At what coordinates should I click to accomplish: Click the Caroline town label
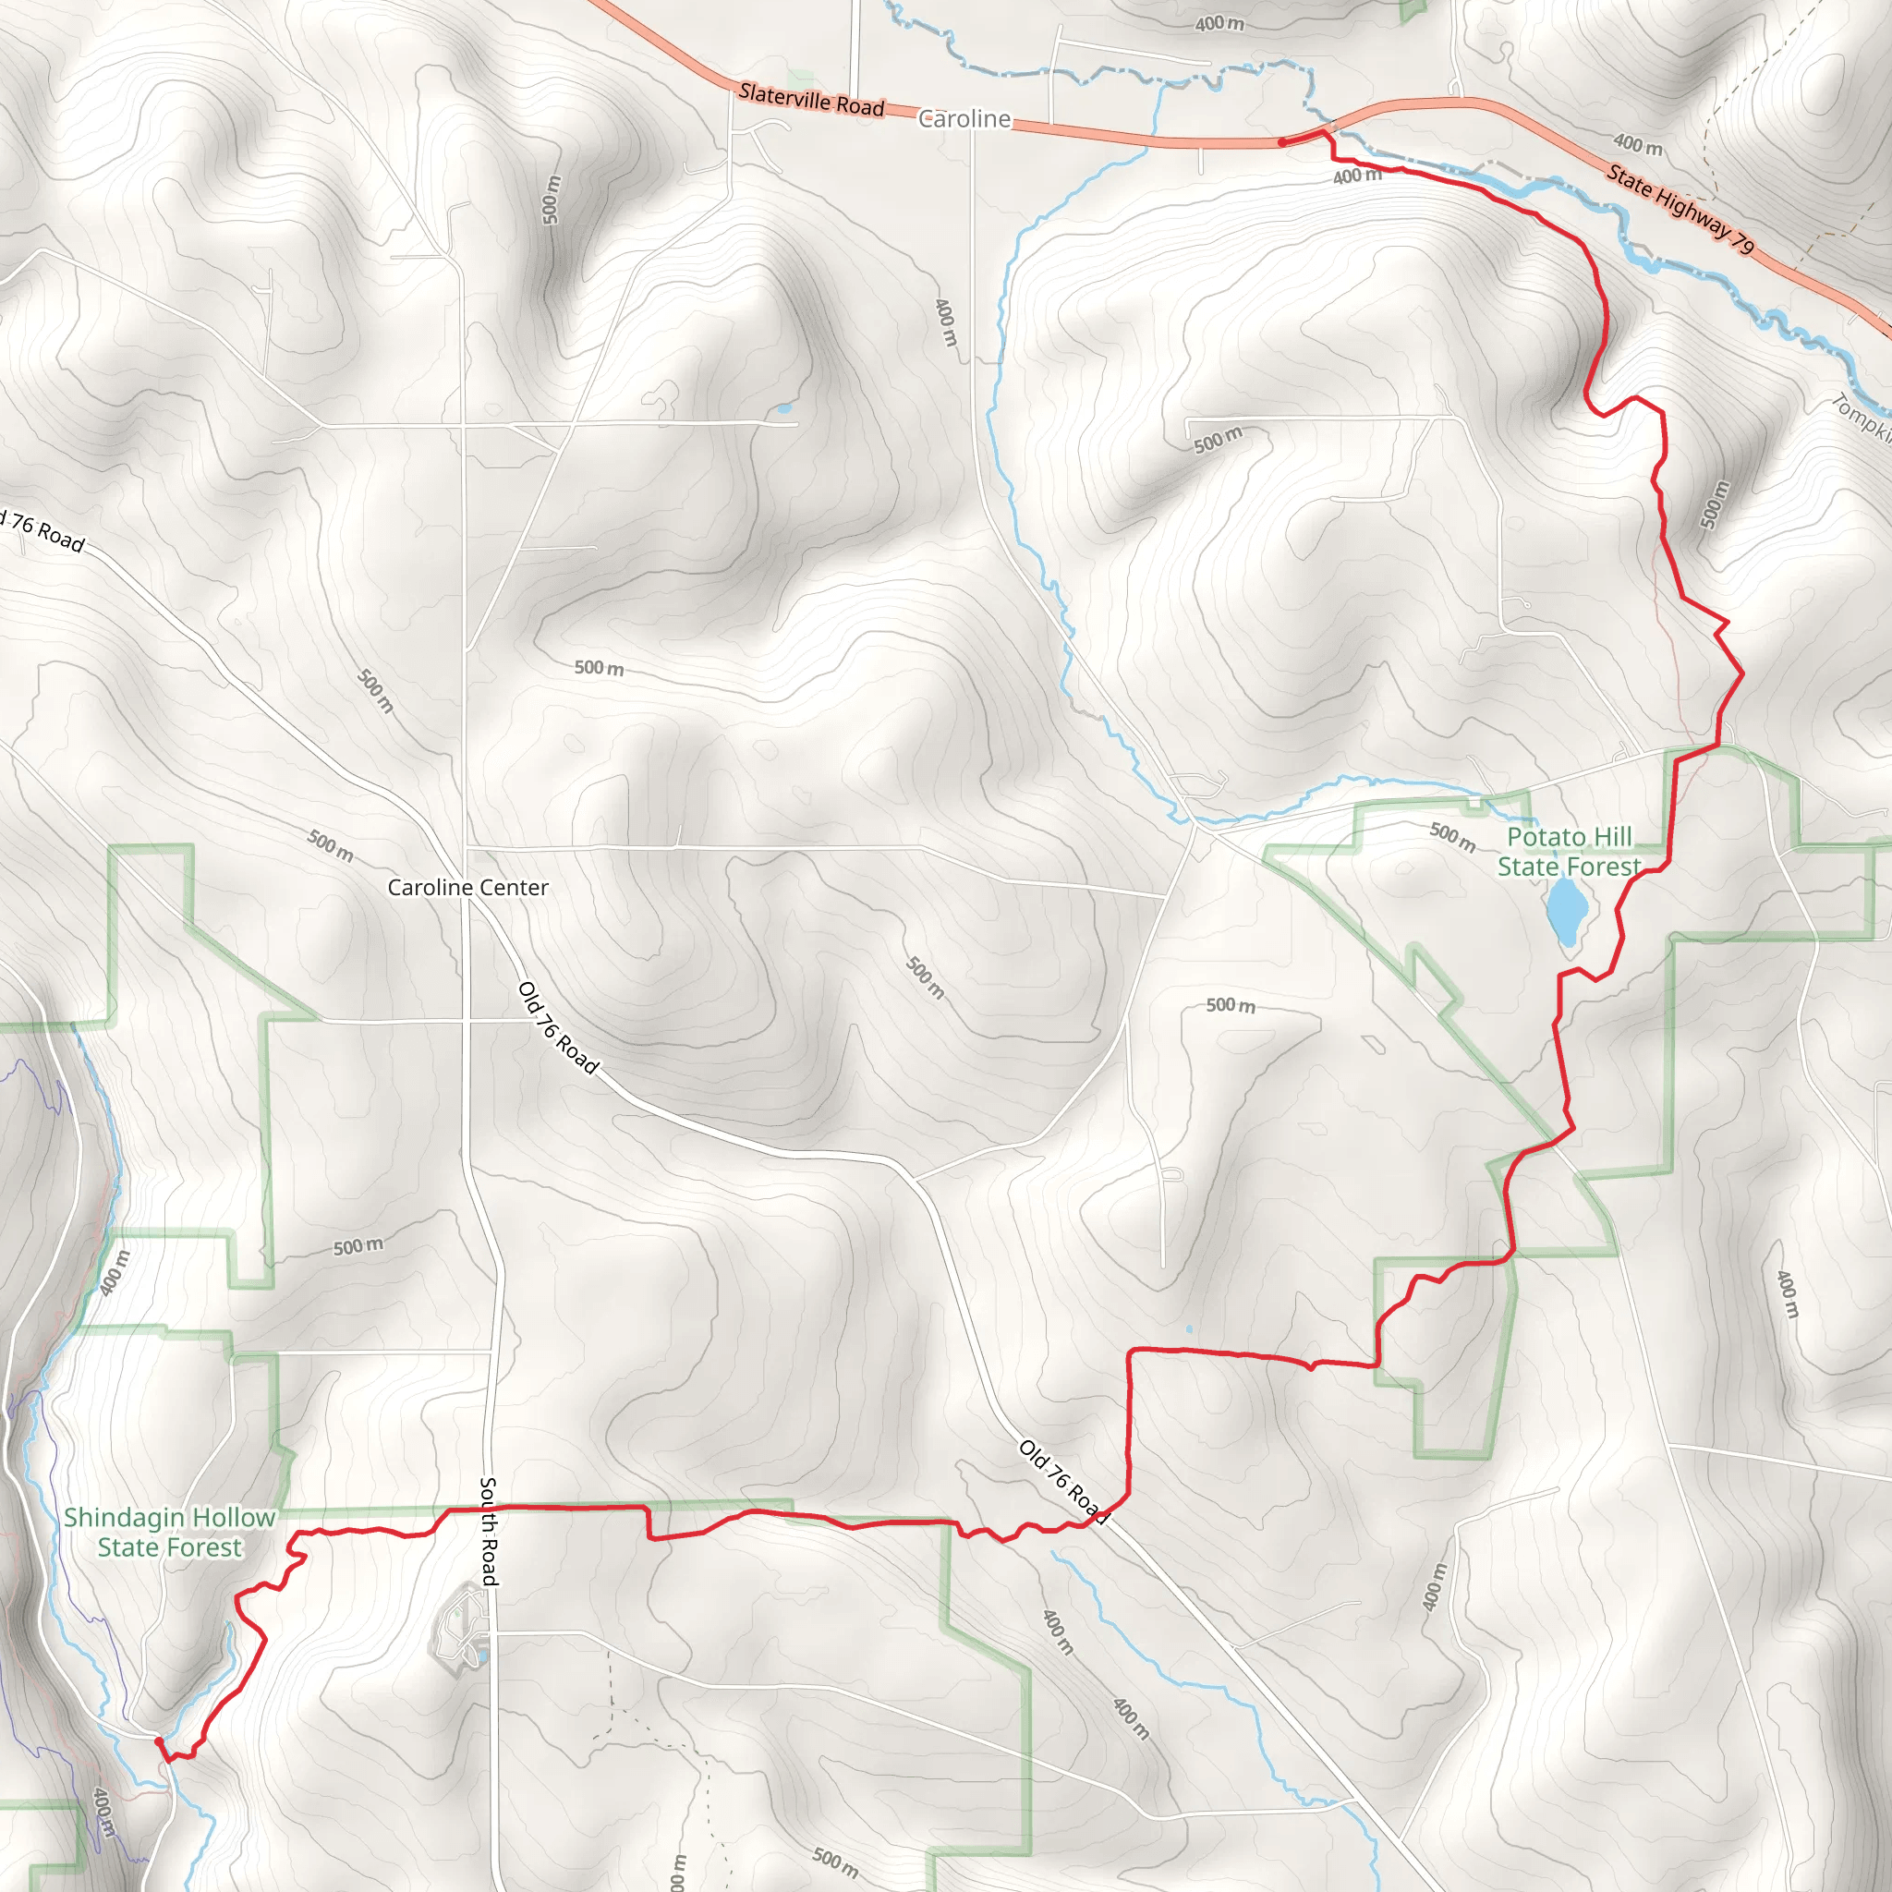tap(964, 118)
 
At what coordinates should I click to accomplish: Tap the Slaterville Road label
tap(811, 100)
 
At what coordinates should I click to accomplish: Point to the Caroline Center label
tap(467, 887)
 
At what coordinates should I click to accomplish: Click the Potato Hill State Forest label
tap(1569, 851)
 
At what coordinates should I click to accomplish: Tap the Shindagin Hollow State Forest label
tap(169, 1532)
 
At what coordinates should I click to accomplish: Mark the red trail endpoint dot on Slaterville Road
tap(1282, 143)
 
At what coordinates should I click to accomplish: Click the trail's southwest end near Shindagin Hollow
tap(159, 1740)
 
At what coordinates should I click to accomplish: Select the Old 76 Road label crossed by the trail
tap(1062, 1482)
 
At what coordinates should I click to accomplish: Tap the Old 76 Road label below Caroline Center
tap(557, 1027)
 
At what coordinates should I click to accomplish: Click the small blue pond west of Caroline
tap(782, 408)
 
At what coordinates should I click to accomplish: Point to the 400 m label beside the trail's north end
tap(1357, 176)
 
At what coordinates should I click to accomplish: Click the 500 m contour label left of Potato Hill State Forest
tap(1452, 837)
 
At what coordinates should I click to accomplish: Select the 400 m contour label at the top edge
tap(1219, 22)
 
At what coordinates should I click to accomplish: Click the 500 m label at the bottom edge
tap(834, 1862)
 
